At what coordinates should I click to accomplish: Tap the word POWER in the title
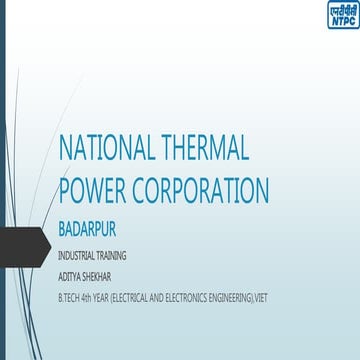point(97,190)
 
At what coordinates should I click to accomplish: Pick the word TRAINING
point(111,254)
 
